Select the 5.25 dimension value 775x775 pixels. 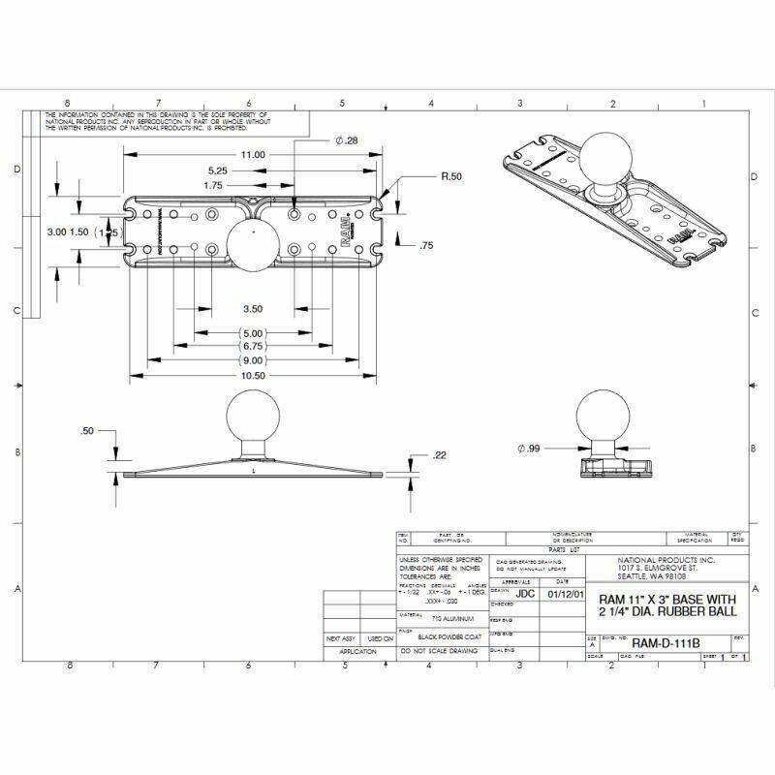pos(216,170)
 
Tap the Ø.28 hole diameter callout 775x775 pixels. pos(347,140)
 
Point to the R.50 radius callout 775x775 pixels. pos(451,177)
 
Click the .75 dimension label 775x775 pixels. pos(426,246)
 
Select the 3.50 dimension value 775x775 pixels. pos(252,309)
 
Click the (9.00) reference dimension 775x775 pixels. pos(252,359)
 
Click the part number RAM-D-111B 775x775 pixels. pos(666,642)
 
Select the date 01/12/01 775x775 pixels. pos(566,592)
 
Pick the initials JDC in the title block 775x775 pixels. pos(525,592)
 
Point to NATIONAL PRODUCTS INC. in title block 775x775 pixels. pos(666,560)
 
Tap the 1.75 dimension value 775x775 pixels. pos(214,185)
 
